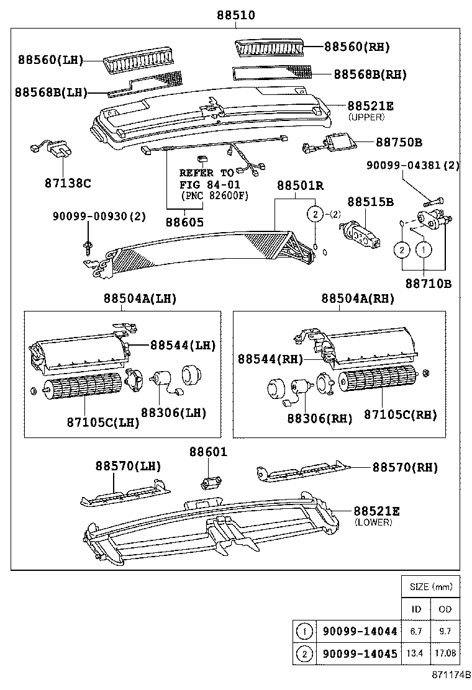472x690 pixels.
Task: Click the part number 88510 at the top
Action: (x=235, y=16)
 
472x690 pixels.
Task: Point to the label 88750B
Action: (x=399, y=142)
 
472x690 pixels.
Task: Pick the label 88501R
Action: (x=301, y=186)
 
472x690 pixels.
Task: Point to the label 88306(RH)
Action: (x=319, y=418)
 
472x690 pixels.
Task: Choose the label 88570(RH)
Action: (x=405, y=467)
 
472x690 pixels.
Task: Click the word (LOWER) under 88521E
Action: (x=373, y=522)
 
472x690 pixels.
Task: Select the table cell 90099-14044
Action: (x=359, y=632)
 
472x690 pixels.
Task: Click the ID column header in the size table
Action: (x=417, y=609)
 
